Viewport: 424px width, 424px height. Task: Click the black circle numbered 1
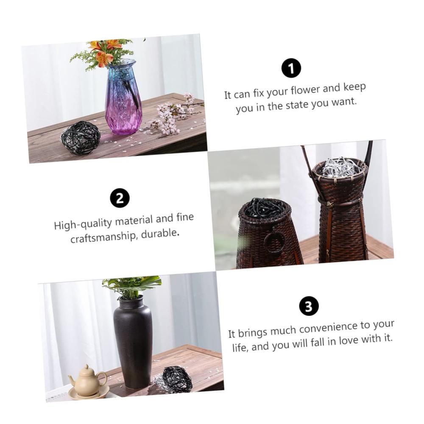291,68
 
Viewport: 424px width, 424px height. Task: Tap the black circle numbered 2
120,198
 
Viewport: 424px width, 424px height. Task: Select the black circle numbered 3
309,307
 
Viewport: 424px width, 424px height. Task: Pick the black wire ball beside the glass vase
81,137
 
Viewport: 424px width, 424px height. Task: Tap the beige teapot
87,378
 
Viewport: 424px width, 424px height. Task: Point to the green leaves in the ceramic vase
132,286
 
